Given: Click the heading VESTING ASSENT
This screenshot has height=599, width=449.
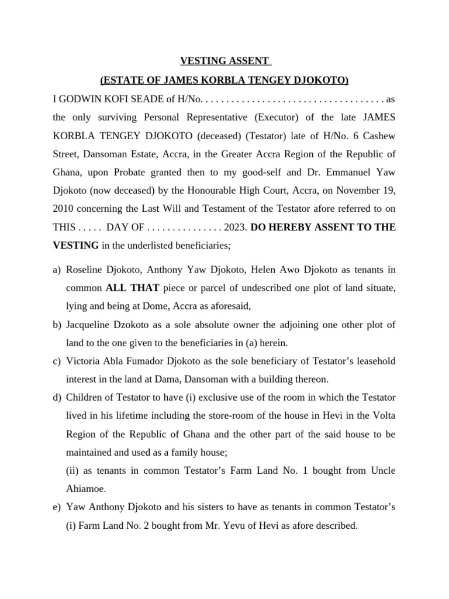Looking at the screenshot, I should click(x=224, y=61).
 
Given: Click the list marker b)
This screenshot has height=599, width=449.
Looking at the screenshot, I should click(x=57, y=325).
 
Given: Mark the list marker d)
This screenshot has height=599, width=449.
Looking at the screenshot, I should click(x=57, y=398).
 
